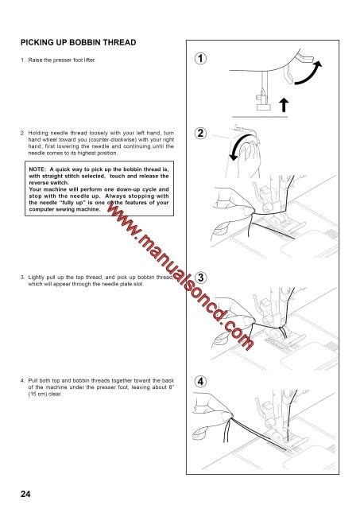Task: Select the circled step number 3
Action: (203, 277)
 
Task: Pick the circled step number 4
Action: (203, 381)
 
